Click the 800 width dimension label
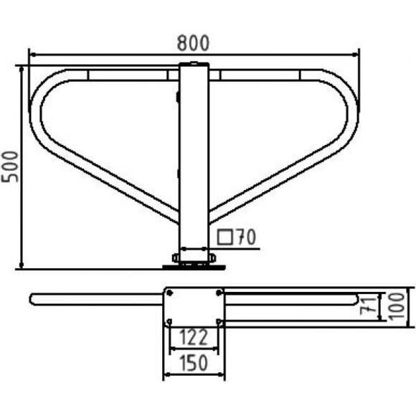[193, 43]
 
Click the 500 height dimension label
[10, 166]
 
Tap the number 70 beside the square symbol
[247, 237]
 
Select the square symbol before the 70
[224, 237]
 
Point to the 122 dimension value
[194, 338]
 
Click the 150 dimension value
[194, 363]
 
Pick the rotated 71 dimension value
[369, 306]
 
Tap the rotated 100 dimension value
[397, 306]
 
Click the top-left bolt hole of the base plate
[170, 293]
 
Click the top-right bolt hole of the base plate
[219, 293]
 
